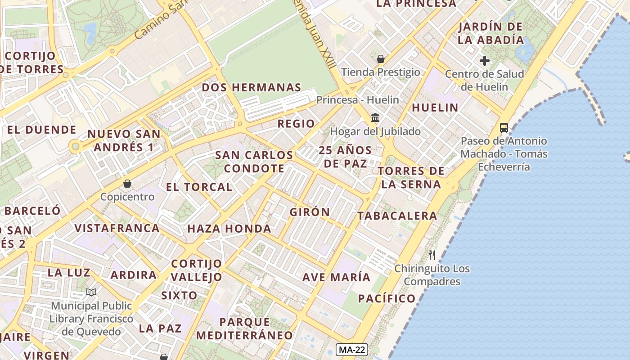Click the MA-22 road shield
[352, 350]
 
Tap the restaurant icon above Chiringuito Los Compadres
[432, 255]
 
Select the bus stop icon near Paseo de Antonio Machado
[504, 128]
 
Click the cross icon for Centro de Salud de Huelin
[485, 60]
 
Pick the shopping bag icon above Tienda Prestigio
[381, 59]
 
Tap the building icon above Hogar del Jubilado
[375, 118]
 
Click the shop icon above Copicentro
[127, 184]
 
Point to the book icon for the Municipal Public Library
[91, 292]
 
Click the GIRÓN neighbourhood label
[310, 212]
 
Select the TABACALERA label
[397, 216]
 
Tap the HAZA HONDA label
[229, 229]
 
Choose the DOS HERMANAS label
[251, 87]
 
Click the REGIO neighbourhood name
[296, 124]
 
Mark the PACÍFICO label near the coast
[387, 298]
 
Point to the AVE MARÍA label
[336, 277]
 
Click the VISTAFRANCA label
[117, 228]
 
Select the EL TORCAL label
[199, 187]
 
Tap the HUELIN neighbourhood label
[435, 108]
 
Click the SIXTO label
[179, 296]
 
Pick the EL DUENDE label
[41, 130]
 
